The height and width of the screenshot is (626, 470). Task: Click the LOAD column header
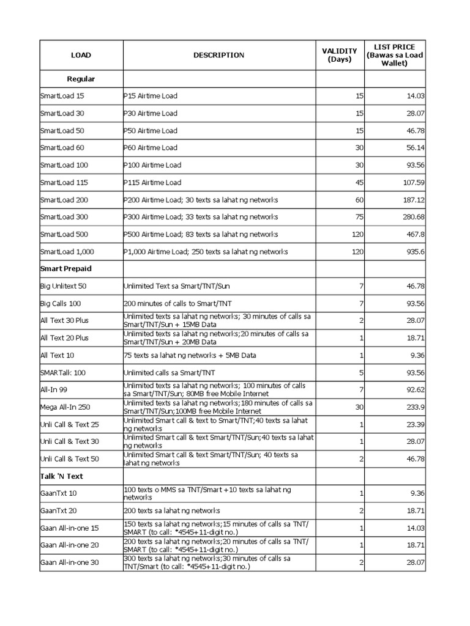81,55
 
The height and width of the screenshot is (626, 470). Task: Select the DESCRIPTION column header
218,55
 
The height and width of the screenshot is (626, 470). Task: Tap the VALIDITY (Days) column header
339,55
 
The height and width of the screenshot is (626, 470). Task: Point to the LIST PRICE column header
394,55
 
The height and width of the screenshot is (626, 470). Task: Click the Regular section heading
81,79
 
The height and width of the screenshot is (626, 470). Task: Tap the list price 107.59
412,182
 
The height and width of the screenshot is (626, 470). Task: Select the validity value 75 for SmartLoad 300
359,217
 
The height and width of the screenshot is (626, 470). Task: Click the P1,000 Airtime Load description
205,252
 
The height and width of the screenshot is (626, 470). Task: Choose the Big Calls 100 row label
61,303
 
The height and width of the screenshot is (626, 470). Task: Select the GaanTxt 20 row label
58,510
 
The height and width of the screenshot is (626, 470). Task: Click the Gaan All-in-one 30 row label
69,562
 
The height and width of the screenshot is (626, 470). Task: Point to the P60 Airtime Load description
151,147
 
